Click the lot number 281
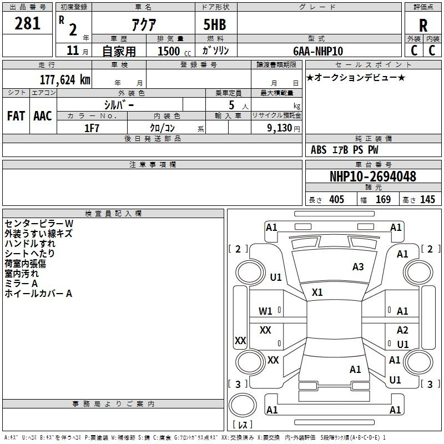tap(27, 23)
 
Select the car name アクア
tap(144, 24)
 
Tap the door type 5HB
tap(215, 24)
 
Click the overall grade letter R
tap(423, 26)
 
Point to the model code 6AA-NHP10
tap(318, 51)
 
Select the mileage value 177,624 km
tap(65, 80)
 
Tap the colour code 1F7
tap(92, 128)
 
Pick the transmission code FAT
tap(16, 116)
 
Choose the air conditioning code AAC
tap(43, 116)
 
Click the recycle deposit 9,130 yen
tap(283, 128)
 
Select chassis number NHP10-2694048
tap(373, 176)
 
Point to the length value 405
tap(337, 199)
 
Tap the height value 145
tap(427, 199)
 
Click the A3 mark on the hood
tap(358, 267)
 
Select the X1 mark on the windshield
tap(317, 292)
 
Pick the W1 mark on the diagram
tap(265, 311)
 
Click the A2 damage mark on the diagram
tap(402, 330)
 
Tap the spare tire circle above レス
tap(243, 405)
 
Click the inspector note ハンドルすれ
tap(30, 244)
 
